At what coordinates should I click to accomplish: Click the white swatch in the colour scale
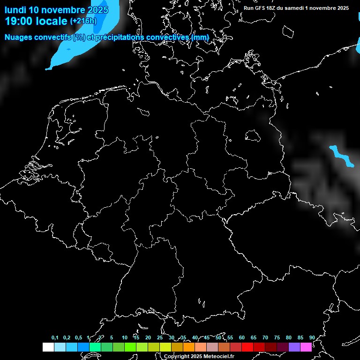point(48,347)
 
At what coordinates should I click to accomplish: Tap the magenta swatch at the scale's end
point(306,347)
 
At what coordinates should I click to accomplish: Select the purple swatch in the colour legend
point(294,347)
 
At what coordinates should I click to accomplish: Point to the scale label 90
point(312,338)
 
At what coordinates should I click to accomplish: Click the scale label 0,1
point(55,338)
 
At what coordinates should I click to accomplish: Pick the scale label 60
point(241,338)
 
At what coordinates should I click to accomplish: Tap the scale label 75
point(277,338)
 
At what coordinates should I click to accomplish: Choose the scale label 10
point(124,338)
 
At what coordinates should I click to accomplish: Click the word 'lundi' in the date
point(15,10)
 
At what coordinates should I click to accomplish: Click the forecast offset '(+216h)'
point(83,21)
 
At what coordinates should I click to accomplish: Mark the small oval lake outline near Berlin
point(253,136)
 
